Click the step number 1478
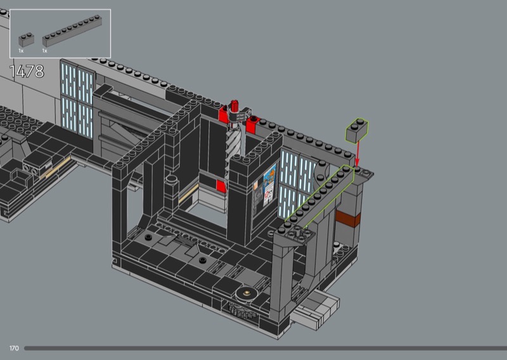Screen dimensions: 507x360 (27, 72)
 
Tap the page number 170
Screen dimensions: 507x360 (14, 348)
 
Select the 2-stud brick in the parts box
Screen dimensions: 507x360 (26, 39)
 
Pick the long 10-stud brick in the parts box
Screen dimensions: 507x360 (72, 31)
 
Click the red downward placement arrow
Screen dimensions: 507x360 (357, 154)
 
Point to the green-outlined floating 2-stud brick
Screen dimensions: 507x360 (357, 131)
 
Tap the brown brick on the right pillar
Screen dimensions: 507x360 (348, 219)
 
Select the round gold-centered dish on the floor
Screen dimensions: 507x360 (247, 293)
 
